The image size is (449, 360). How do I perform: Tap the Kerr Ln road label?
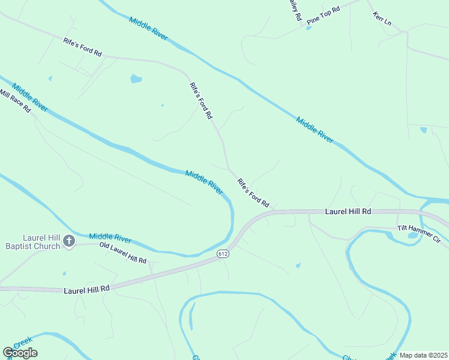[382, 19]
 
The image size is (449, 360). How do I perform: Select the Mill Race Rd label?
[15, 103]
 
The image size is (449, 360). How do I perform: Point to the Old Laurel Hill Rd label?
[123, 253]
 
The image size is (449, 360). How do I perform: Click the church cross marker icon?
[69, 241]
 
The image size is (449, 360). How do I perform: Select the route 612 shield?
[223, 254]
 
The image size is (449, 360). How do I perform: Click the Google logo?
[20, 353]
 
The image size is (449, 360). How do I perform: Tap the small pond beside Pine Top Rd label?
[309, 28]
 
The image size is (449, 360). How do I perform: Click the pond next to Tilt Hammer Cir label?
[412, 235]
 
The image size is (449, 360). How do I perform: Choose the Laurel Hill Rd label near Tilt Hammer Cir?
[348, 212]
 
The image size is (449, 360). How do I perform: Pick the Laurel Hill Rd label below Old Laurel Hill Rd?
[87, 289]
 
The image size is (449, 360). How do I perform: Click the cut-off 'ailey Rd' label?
[295, 10]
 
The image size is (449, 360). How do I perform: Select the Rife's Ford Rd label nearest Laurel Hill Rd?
[253, 191]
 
